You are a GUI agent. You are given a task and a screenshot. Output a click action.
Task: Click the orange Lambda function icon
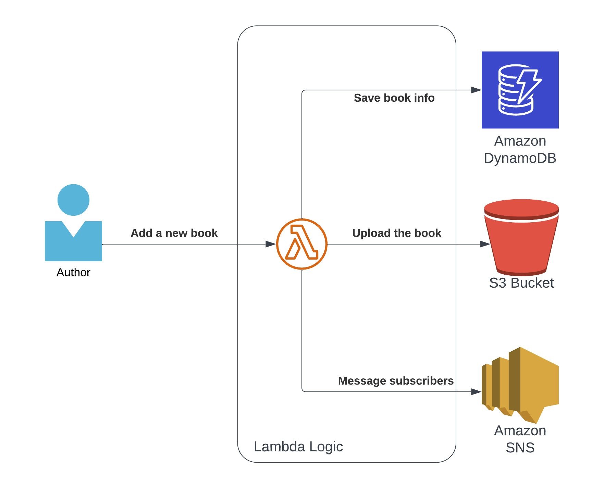point(301,244)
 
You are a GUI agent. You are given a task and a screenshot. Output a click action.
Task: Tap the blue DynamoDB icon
point(520,90)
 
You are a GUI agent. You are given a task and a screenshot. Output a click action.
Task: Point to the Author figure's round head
point(73,200)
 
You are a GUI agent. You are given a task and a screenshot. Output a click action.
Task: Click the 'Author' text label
point(73,272)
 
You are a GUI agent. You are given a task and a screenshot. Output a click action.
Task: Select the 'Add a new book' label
point(174,233)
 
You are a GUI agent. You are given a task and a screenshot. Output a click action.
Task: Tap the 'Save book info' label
point(394,98)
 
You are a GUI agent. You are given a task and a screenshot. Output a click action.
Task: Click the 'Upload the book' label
point(396,233)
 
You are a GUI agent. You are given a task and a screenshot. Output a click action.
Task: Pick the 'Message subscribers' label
point(395,381)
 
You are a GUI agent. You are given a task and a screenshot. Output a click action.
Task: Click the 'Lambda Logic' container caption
point(298,447)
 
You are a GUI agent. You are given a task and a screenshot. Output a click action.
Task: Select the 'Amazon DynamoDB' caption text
point(520,150)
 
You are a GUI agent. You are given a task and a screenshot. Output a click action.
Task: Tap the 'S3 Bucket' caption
point(521,283)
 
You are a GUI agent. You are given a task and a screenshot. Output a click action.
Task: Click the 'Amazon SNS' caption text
point(520,439)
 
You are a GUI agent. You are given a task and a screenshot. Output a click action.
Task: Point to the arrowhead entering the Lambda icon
point(271,244)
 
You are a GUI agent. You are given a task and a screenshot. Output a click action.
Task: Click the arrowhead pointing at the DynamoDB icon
point(476,90)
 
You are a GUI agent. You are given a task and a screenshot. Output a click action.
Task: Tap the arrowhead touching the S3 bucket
point(485,244)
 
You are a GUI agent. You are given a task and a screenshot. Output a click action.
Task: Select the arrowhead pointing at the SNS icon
point(476,391)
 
